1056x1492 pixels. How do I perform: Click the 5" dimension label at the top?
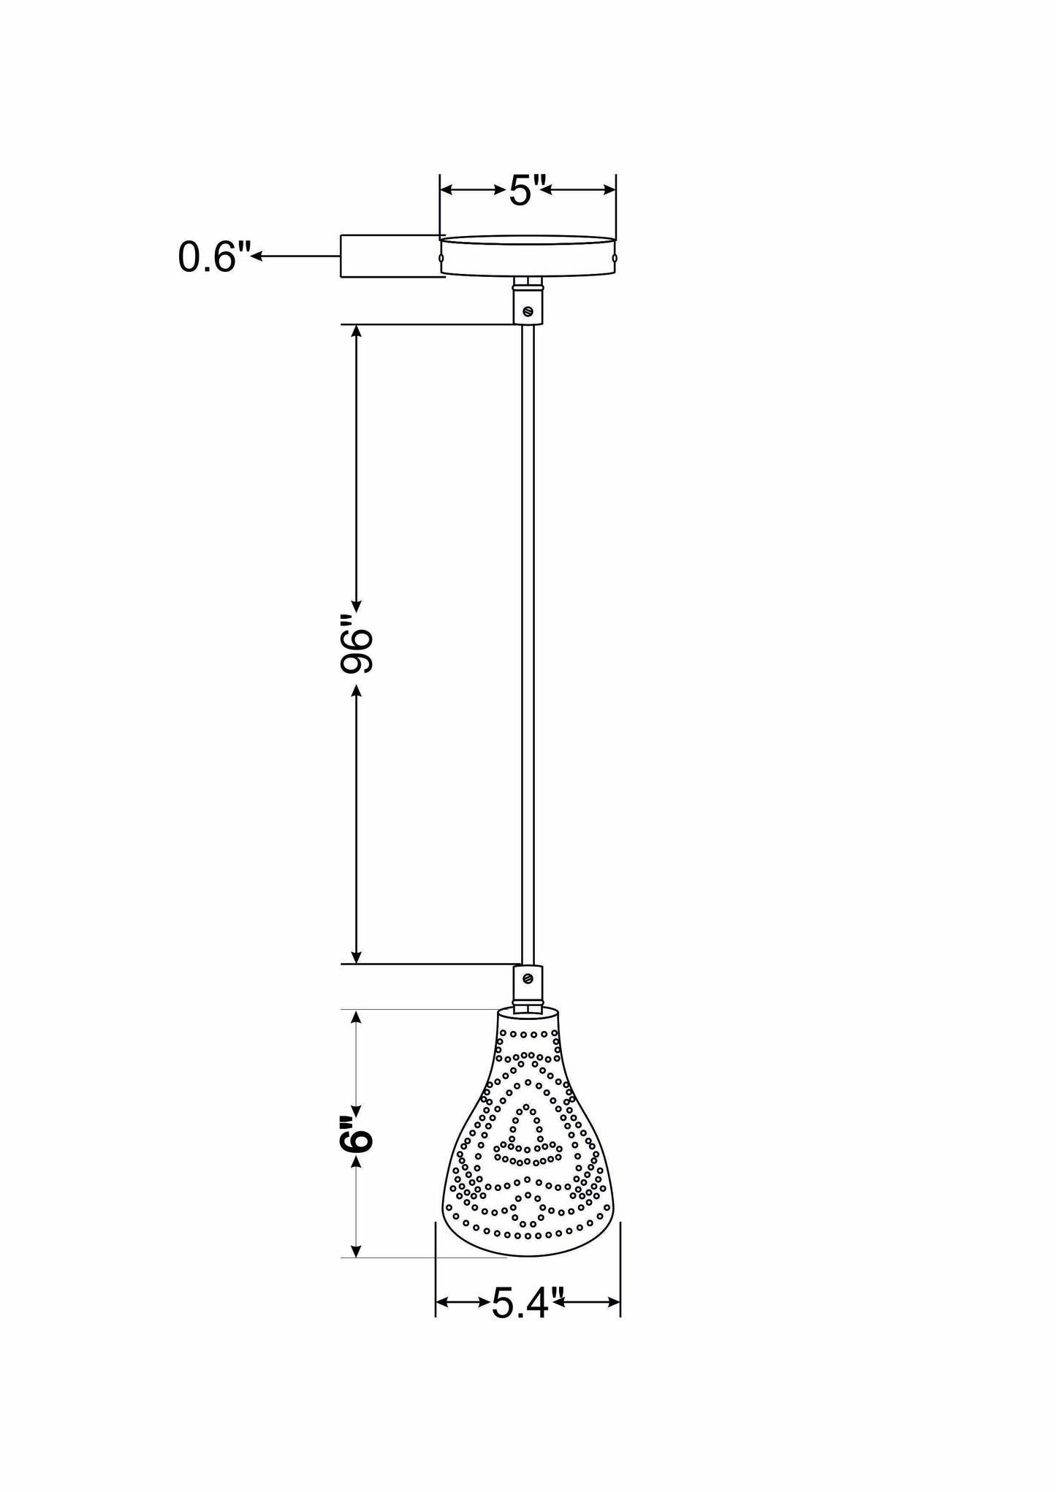(527, 192)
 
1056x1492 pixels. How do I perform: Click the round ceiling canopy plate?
(528, 256)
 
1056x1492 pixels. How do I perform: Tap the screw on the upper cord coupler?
(528, 312)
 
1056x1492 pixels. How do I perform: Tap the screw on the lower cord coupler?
(528, 978)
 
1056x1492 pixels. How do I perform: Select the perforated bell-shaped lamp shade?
(528, 1154)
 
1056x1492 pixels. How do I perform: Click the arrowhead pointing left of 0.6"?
(258, 256)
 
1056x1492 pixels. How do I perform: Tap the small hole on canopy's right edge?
(615, 257)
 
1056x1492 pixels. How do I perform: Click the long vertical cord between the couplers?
(528, 643)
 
